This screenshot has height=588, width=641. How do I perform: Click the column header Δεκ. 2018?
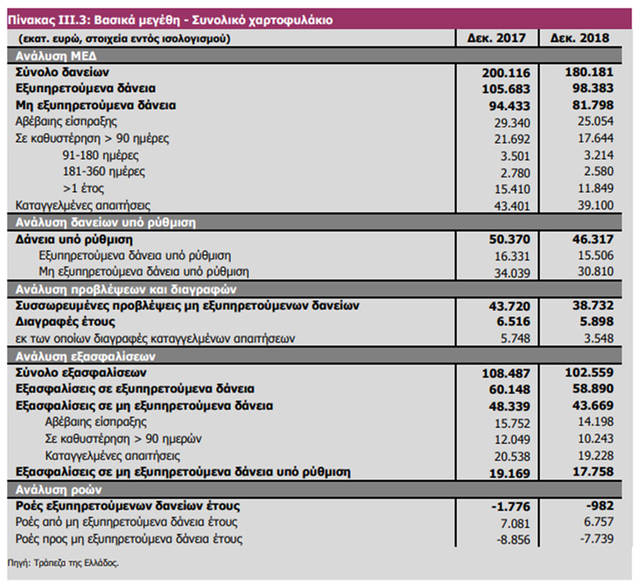(x=580, y=38)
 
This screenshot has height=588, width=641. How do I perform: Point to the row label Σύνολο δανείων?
(x=63, y=72)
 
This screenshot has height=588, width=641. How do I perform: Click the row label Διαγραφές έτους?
(x=65, y=321)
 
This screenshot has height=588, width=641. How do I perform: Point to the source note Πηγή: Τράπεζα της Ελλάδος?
(x=63, y=563)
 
